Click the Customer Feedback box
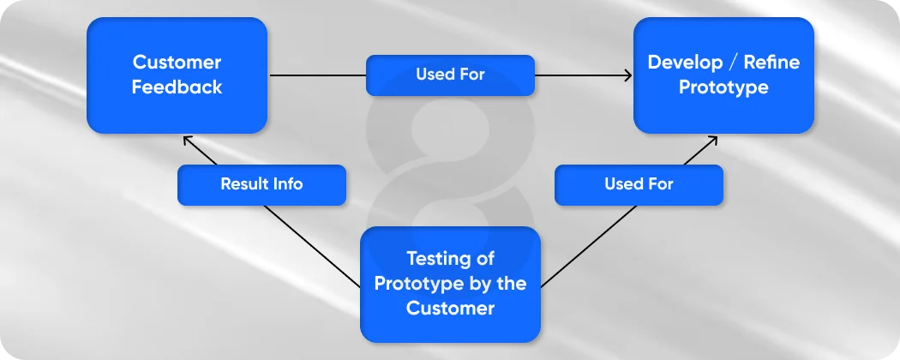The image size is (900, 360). point(177,75)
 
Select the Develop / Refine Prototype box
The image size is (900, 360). point(723,75)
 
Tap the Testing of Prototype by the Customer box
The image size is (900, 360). point(450,283)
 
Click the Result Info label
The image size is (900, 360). point(261,184)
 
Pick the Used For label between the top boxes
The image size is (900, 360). point(450,75)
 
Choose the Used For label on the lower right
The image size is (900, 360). point(639,184)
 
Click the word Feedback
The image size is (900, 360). point(177,87)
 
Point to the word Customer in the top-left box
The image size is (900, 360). point(177,63)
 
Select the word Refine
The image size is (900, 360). point(772,63)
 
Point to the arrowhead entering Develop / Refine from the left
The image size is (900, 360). point(629,75)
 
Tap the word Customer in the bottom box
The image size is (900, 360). point(450,308)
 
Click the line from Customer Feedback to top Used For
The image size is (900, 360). point(317,75)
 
